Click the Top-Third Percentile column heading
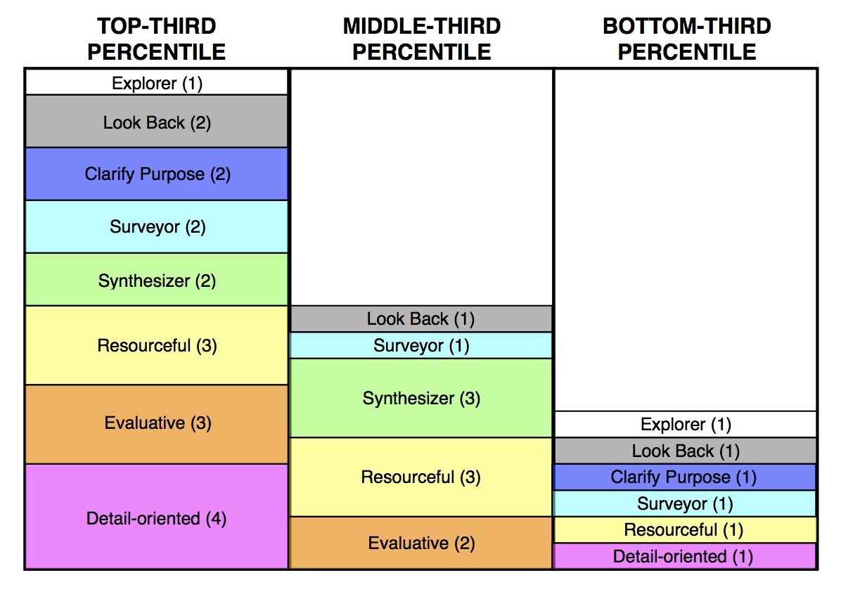[157, 39]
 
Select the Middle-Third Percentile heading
[422, 39]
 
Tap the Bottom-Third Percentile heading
[687, 39]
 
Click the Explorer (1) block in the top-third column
[157, 82]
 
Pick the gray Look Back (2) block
[157, 122]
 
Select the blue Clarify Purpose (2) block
[157, 174]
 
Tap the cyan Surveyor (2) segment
[157, 227]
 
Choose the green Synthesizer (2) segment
[157, 280]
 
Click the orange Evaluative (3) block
[157, 424]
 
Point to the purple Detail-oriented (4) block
[157, 516]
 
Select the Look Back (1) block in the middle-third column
[421, 319]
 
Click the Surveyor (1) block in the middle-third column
[421, 345]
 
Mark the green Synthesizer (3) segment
[421, 398]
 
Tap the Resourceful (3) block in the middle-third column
[421, 477]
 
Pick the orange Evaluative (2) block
[421, 543]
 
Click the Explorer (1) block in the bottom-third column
[686, 424]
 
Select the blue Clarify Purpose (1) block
[686, 477]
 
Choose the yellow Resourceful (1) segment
[686, 530]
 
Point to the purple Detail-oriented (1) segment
[686, 556]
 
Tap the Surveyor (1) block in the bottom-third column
[686, 503]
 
